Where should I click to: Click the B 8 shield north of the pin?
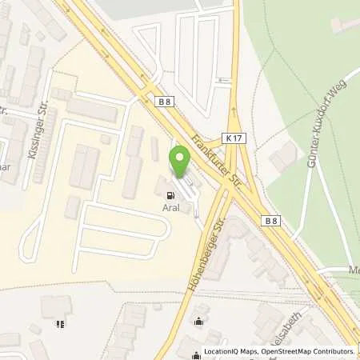click(163, 101)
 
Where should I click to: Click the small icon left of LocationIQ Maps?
click(198, 351)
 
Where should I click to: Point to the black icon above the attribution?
click(198, 322)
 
